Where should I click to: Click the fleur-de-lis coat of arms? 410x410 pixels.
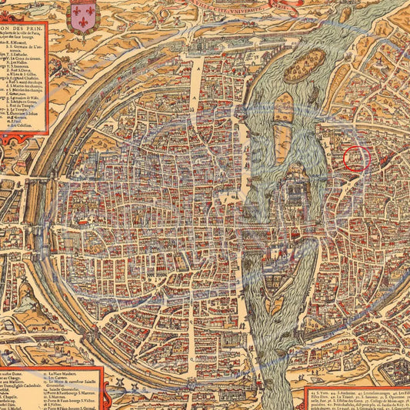[82, 17]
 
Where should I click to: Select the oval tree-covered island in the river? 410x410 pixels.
[311, 61]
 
